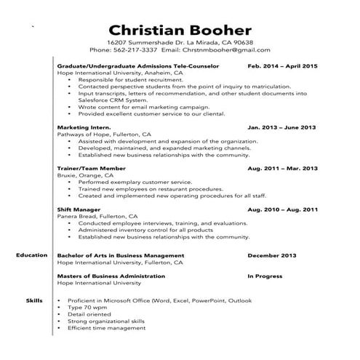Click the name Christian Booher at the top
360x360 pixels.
180,30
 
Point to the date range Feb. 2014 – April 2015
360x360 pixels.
282,65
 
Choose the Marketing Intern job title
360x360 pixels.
79,127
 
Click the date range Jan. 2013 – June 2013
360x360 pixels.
282,127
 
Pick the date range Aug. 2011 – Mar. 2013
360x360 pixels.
282,168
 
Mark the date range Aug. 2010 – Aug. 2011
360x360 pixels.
282,209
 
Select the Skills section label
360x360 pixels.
34,299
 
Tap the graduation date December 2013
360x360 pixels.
273,256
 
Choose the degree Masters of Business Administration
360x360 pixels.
110,276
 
